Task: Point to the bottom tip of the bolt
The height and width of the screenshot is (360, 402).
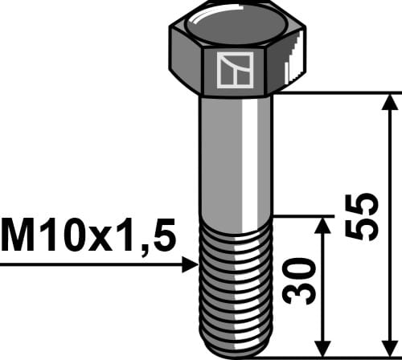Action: [236, 353]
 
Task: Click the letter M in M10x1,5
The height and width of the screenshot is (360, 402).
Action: [18, 236]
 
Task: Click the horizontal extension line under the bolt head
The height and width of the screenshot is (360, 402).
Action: [338, 94]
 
